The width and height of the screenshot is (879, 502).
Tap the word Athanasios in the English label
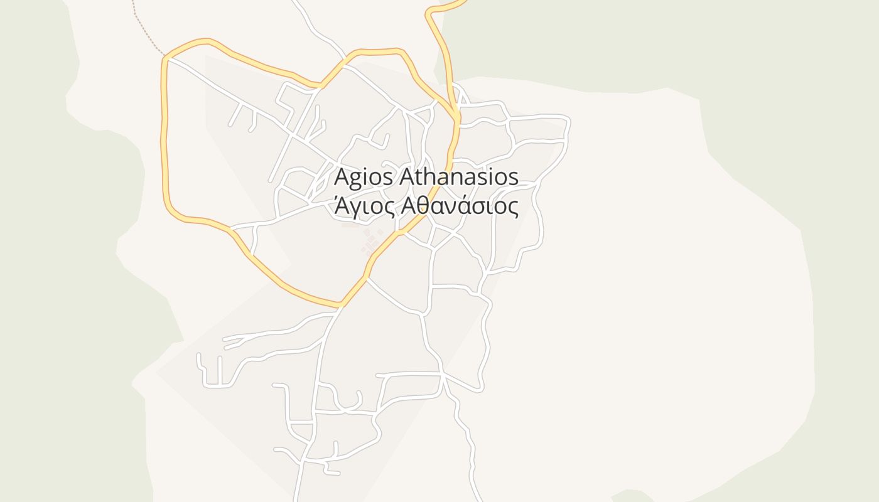click(459, 177)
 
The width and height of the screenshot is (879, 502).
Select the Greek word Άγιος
click(363, 206)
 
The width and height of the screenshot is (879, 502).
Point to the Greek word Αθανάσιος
click(459, 206)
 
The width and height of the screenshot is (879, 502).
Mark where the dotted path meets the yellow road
click(165, 57)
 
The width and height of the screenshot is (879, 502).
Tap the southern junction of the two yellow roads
click(341, 306)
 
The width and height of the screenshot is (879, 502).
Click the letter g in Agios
click(355, 179)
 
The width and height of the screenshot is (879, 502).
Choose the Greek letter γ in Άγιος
click(354, 208)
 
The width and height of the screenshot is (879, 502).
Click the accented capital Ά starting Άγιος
click(341, 205)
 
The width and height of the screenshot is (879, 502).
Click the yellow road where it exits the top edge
click(461, 3)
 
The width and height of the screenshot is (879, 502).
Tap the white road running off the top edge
click(296, 3)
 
